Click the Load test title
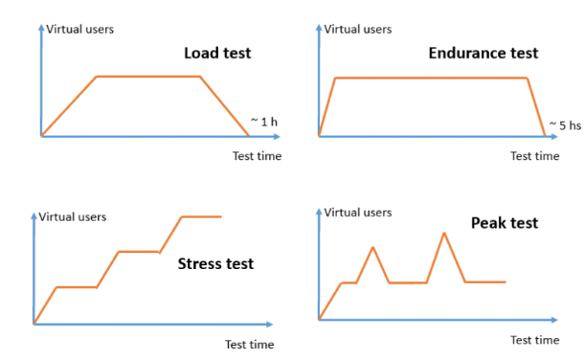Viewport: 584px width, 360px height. [217, 53]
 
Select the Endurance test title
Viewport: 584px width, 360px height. [483, 53]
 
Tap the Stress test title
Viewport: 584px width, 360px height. [215, 263]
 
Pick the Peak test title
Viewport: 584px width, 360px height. [505, 223]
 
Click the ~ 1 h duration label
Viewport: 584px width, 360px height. [265, 122]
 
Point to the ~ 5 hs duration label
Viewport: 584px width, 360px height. [564, 124]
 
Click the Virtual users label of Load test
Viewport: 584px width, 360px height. [80, 29]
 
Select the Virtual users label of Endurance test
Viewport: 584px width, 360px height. [358, 29]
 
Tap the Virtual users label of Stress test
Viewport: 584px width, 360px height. [73, 216]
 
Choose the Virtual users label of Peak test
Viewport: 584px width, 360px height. [358, 212]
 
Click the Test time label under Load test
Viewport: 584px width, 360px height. [257, 156]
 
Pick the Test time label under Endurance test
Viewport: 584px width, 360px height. [534, 156]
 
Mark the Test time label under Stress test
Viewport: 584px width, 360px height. [249, 344]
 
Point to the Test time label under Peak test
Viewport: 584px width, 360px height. [534, 340]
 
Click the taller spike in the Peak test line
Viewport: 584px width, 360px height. [443, 233]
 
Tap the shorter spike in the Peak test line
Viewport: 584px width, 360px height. [372, 248]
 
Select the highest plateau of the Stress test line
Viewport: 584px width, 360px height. [202, 217]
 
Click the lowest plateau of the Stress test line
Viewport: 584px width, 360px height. [77, 286]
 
